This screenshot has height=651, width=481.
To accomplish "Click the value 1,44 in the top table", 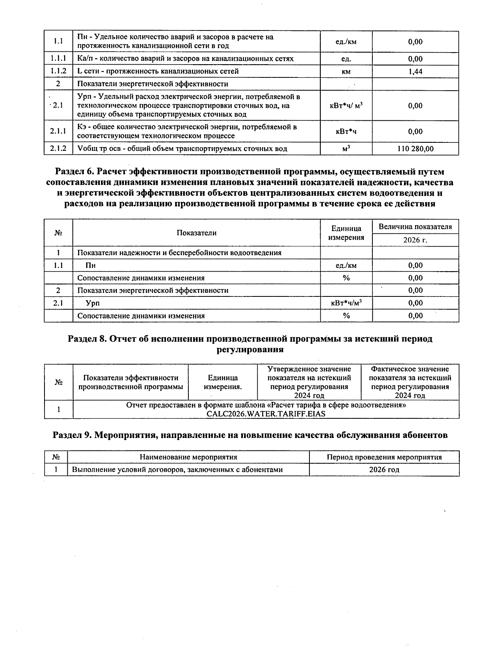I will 415,71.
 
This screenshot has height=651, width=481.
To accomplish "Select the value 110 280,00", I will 415,149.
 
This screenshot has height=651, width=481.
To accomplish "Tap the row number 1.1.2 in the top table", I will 58,71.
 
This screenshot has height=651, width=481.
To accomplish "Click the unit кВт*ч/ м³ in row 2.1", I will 346,105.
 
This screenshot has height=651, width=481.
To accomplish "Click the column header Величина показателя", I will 415,227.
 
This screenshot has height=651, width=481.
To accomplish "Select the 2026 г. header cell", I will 415,240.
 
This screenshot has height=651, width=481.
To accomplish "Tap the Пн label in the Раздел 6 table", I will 90,266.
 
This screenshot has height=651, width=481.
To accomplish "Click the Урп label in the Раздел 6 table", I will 93,303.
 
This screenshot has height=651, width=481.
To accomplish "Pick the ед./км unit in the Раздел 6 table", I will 346,266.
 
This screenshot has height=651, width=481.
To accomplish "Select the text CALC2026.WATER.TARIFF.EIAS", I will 266,414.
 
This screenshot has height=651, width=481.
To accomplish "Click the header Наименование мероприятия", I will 188,457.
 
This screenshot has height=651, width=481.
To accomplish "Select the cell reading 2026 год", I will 384,470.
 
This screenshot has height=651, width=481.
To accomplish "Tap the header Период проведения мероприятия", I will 384,457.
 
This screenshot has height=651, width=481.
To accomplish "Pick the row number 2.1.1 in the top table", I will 58,132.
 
